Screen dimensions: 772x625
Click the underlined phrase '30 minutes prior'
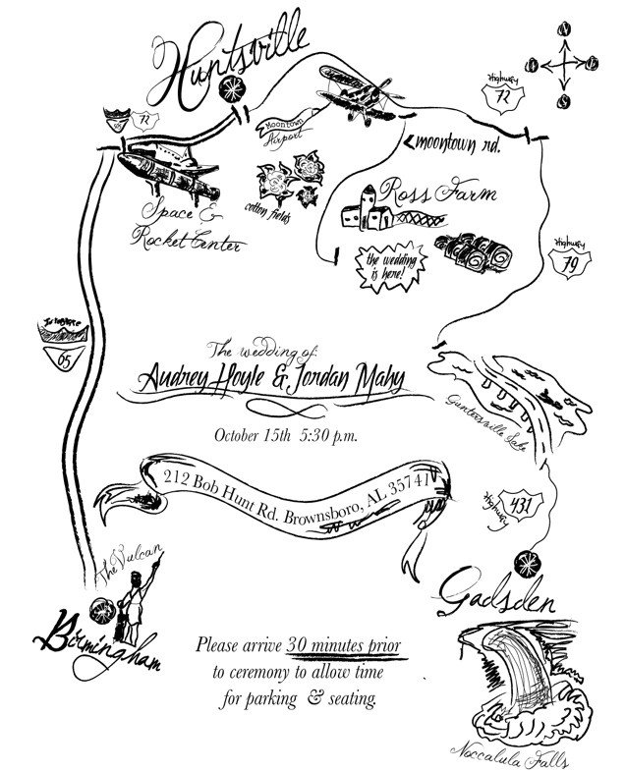[344, 646]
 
